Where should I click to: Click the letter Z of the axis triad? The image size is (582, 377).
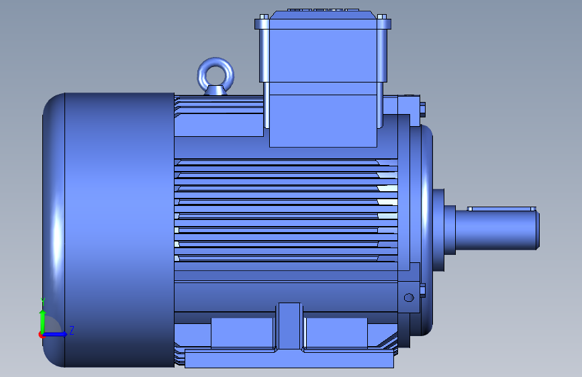tap(72, 330)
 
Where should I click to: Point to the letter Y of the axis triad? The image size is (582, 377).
tap(43, 301)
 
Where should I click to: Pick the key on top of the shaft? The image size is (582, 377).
tap(501, 209)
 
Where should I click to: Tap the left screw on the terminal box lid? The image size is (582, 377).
tap(264, 17)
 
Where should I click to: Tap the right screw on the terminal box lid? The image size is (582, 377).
tap(382, 17)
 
